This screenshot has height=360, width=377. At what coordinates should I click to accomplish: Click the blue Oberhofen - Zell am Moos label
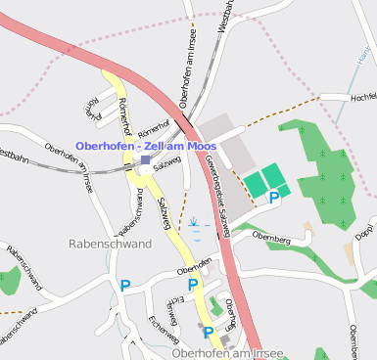pyautogui.click(x=145, y=146)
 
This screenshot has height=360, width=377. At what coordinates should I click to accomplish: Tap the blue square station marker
pyautogui.click(x=145, y=159)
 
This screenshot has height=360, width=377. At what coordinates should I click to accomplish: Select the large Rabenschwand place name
pyautogui.click(x=110, y=243)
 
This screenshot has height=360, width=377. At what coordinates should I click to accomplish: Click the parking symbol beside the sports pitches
pyautogui.click(x=274, y=197)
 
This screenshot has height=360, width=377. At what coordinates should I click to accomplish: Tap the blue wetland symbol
pyautogui.click(x=196, y=224)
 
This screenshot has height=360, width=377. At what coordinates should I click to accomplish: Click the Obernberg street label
pyautogui.click(x=272, y=236)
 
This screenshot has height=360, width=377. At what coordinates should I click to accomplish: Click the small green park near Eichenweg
pyautogui.click(x=214, y=305)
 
